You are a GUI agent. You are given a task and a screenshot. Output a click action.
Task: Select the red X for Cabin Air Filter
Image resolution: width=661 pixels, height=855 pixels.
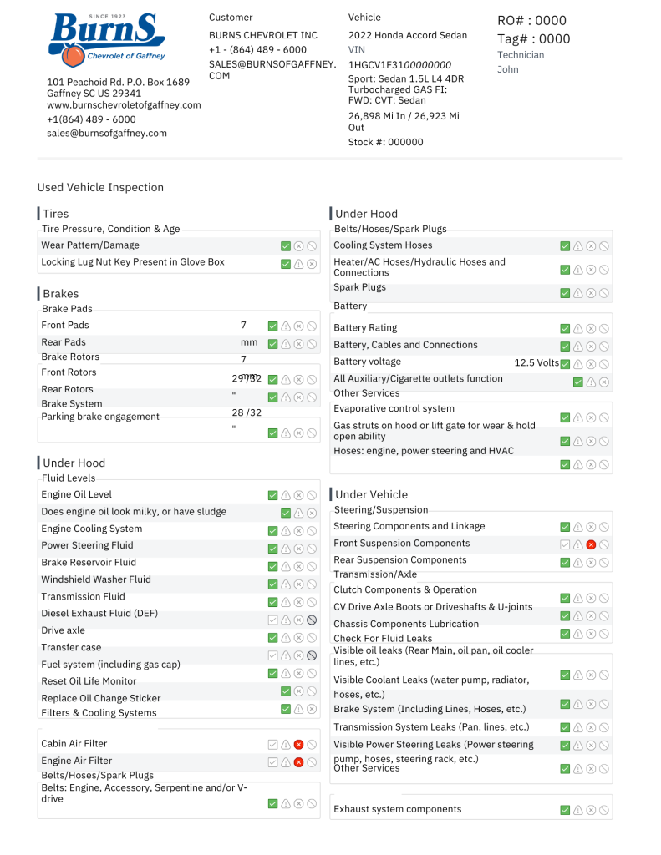pyautogui.click(x=298, y=744)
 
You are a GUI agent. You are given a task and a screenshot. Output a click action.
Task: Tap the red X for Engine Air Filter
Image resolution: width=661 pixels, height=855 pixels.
pyautogui.click(x=298, y=761)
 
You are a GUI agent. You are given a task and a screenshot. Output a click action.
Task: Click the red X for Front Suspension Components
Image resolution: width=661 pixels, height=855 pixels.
pyautogui.click(x=591, y=544)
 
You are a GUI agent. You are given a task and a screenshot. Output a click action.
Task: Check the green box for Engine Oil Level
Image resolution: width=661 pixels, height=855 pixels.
pyautogui.click(x=272, y=496)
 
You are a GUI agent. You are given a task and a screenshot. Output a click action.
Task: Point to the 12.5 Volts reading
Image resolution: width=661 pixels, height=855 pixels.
pyautogui.click(x=536, y=363)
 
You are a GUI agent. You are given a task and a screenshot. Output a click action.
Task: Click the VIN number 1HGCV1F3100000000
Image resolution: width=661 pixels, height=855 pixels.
pyautogui.click(x=399, y=64)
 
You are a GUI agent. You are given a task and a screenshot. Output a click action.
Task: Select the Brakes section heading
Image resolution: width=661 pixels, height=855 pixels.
pyautogui.click(x=60, y=294)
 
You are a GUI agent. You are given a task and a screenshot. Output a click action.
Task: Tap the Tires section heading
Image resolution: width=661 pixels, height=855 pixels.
pyautogui.click(x=55, y=214)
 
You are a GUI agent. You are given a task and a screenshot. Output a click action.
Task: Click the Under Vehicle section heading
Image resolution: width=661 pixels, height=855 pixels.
pyautogui.click(x=371, y=494)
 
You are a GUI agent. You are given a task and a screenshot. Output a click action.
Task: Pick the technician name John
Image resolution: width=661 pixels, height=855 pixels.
pyautogui.click(x=508, y=69)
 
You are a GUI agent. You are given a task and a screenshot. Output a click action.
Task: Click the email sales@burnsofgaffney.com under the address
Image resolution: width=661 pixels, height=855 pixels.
pyautogui.click(x=107, y=133)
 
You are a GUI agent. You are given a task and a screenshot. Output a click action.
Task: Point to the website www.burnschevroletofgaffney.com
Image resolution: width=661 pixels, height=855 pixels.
pyautogui.click(x=124, y=105)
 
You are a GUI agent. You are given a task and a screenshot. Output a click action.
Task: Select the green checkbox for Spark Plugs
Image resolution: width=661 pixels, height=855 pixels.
pyautogui.click(x=565, y=293)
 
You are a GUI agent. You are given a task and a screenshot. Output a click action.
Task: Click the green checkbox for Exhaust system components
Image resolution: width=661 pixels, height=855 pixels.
pyautogui.click(x=565, y=810)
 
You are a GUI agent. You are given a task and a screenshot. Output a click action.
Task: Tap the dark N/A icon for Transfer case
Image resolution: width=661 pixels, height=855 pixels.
pyautogui.click(x=311, y=655)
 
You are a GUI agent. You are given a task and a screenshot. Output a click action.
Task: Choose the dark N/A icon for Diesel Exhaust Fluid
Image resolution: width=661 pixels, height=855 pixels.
pyautogui.click(x=311, y=620)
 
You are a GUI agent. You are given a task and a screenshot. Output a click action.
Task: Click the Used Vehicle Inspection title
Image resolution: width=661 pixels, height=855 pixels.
pyautogui.click(x=100, y=188)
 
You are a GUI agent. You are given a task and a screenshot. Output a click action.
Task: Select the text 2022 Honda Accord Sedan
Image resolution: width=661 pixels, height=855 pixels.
pyautogui.click(x=408, y=35)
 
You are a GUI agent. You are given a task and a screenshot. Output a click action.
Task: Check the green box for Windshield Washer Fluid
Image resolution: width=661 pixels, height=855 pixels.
pyautogui.click(x=272, y=584)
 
